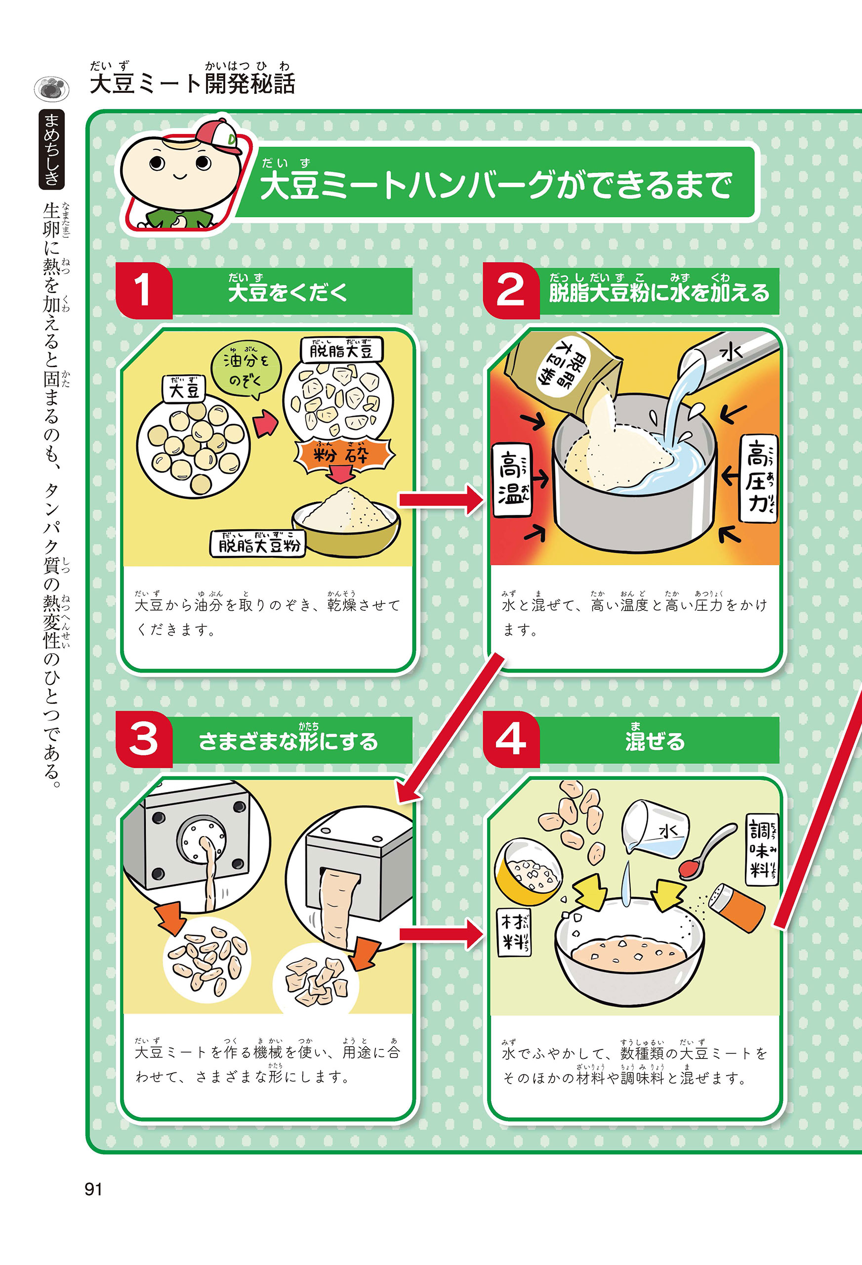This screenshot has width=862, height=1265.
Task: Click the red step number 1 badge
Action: pos(144,290)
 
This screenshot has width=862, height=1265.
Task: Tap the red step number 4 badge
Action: pos(511,739)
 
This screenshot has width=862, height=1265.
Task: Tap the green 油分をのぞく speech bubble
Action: pos(246,369)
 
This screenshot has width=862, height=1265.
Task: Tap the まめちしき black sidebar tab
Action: pos(52,149)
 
